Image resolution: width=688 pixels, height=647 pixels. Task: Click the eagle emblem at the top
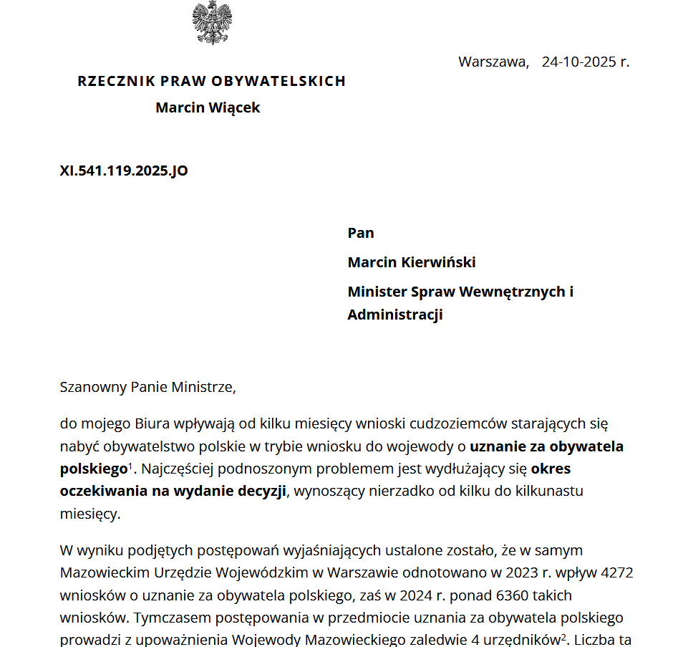coord(212,23)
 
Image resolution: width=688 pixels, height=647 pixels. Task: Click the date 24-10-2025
coord(578,62)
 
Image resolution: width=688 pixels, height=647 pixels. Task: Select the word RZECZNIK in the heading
coord(115,81)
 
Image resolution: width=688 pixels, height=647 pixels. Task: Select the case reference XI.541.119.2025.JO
coord(124,171)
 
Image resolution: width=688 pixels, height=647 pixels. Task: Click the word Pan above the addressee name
coord(361,233)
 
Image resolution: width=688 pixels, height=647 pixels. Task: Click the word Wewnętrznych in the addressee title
coord(511,292)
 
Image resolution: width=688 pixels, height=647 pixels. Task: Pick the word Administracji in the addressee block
coord(395,315)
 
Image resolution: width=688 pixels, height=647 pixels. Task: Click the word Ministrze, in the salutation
coord(204,388)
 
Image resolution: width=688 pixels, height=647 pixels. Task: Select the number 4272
coord(618,573)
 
